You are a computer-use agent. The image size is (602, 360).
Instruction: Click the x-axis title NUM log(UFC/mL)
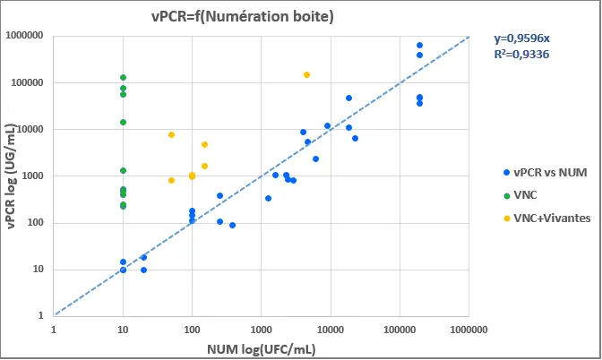[x=261, y=347]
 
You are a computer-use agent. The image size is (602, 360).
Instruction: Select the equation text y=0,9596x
[x=521, y=39]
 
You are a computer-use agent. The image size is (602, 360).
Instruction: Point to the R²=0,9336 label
[x=521, y=55]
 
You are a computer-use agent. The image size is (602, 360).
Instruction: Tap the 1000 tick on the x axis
[x=261, y=330]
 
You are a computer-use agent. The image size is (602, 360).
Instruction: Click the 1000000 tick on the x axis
[x=469, y=330]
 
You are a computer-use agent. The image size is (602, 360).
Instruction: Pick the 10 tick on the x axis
[x=123, y=330]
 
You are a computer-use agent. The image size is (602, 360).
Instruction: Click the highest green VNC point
[x=123, y=77]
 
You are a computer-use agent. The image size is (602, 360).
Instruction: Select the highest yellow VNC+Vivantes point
[x=306, y=75]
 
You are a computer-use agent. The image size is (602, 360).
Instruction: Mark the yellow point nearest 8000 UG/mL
[x=171, y=134]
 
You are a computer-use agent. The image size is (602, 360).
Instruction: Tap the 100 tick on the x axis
[x=192, y=330]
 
